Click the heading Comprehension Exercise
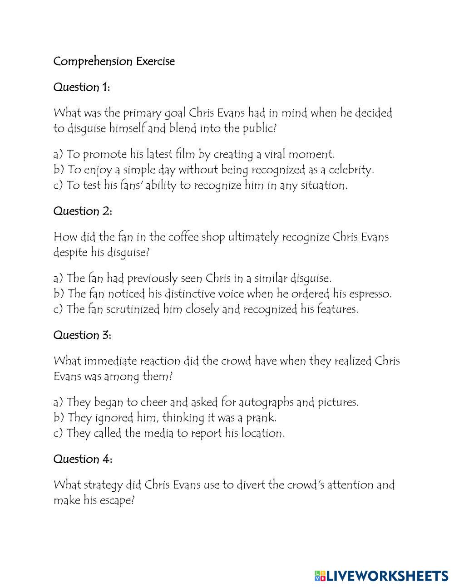coord(114,61)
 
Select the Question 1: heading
coord(82,87)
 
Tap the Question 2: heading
coord(83,211)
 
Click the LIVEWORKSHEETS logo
coord(381,576)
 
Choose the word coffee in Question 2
coord(183,237)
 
